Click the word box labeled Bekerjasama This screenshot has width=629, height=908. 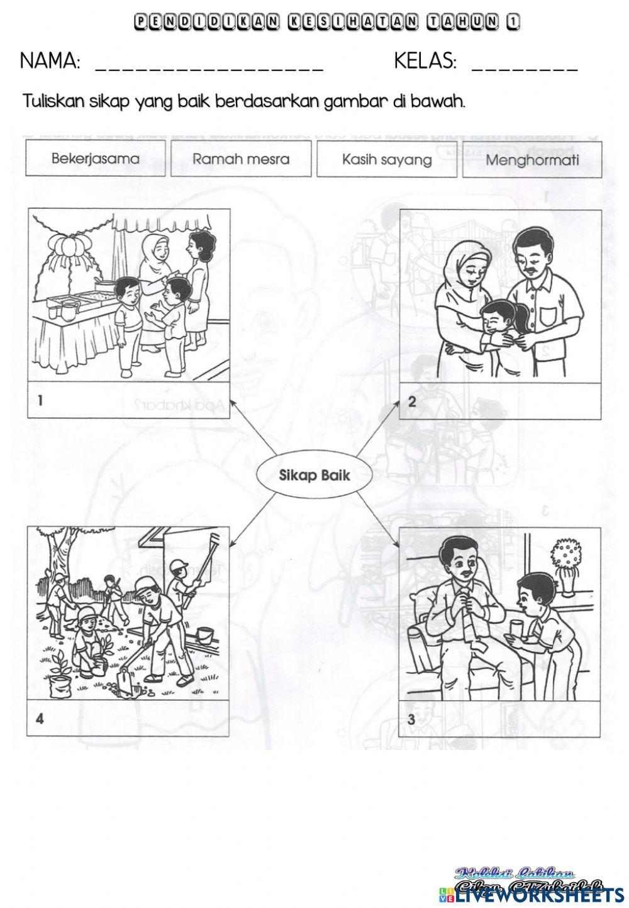click(96, 158)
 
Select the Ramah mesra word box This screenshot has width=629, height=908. click(241, 158)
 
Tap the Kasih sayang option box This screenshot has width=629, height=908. click(387, 159)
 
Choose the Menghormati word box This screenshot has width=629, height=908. click(532, 160)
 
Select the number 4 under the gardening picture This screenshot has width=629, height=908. click(40, 719)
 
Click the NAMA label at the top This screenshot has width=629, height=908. click(50, 61)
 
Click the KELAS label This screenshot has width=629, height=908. click(425, 61)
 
